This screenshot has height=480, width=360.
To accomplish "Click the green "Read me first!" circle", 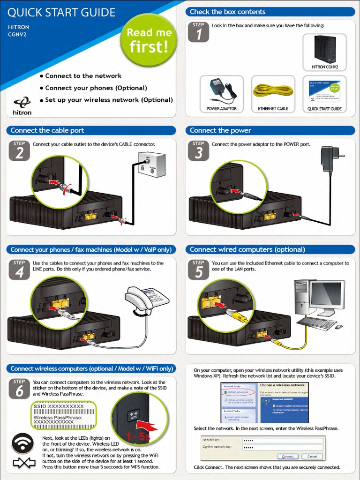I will pyautogui.click(x=149, y=40).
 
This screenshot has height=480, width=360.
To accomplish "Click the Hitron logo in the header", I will pyautogui.click(x=22, y=106).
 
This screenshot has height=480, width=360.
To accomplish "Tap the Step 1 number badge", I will pyautogui.click(x=199, y=32).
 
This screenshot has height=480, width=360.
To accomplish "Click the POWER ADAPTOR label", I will pyautogui.click(x=222, y=109).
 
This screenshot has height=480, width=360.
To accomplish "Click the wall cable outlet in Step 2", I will pyautogui.click(x=151, y=164).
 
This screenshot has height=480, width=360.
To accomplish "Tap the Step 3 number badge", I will pyautogui.click(x=199, y=150).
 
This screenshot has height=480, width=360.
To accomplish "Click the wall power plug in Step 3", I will pyautogui.click(x=331, y=158).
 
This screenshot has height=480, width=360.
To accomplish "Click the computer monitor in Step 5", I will pyautogui.click(x=327, y=296).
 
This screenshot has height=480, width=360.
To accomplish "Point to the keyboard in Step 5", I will pyautogui.click(x=317, y=323).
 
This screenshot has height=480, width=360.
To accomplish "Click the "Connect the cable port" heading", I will pyautogui.click(x=47, y=130).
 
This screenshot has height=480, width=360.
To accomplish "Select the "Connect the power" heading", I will pyautogui.click(x=220, y=130).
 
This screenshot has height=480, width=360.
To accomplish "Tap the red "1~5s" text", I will pyautogui.click(x=137, y=437).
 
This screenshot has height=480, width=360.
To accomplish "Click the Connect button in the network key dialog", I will pyautogui.click(x=288, y=456).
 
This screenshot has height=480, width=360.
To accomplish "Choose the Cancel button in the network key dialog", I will pyautogui.click(x=312, y=456).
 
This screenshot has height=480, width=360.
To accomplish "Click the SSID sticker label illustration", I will pyautogui.click(x=63, y=414).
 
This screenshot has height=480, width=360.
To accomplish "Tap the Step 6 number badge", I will pyautogui.click(x=19, y=389).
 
